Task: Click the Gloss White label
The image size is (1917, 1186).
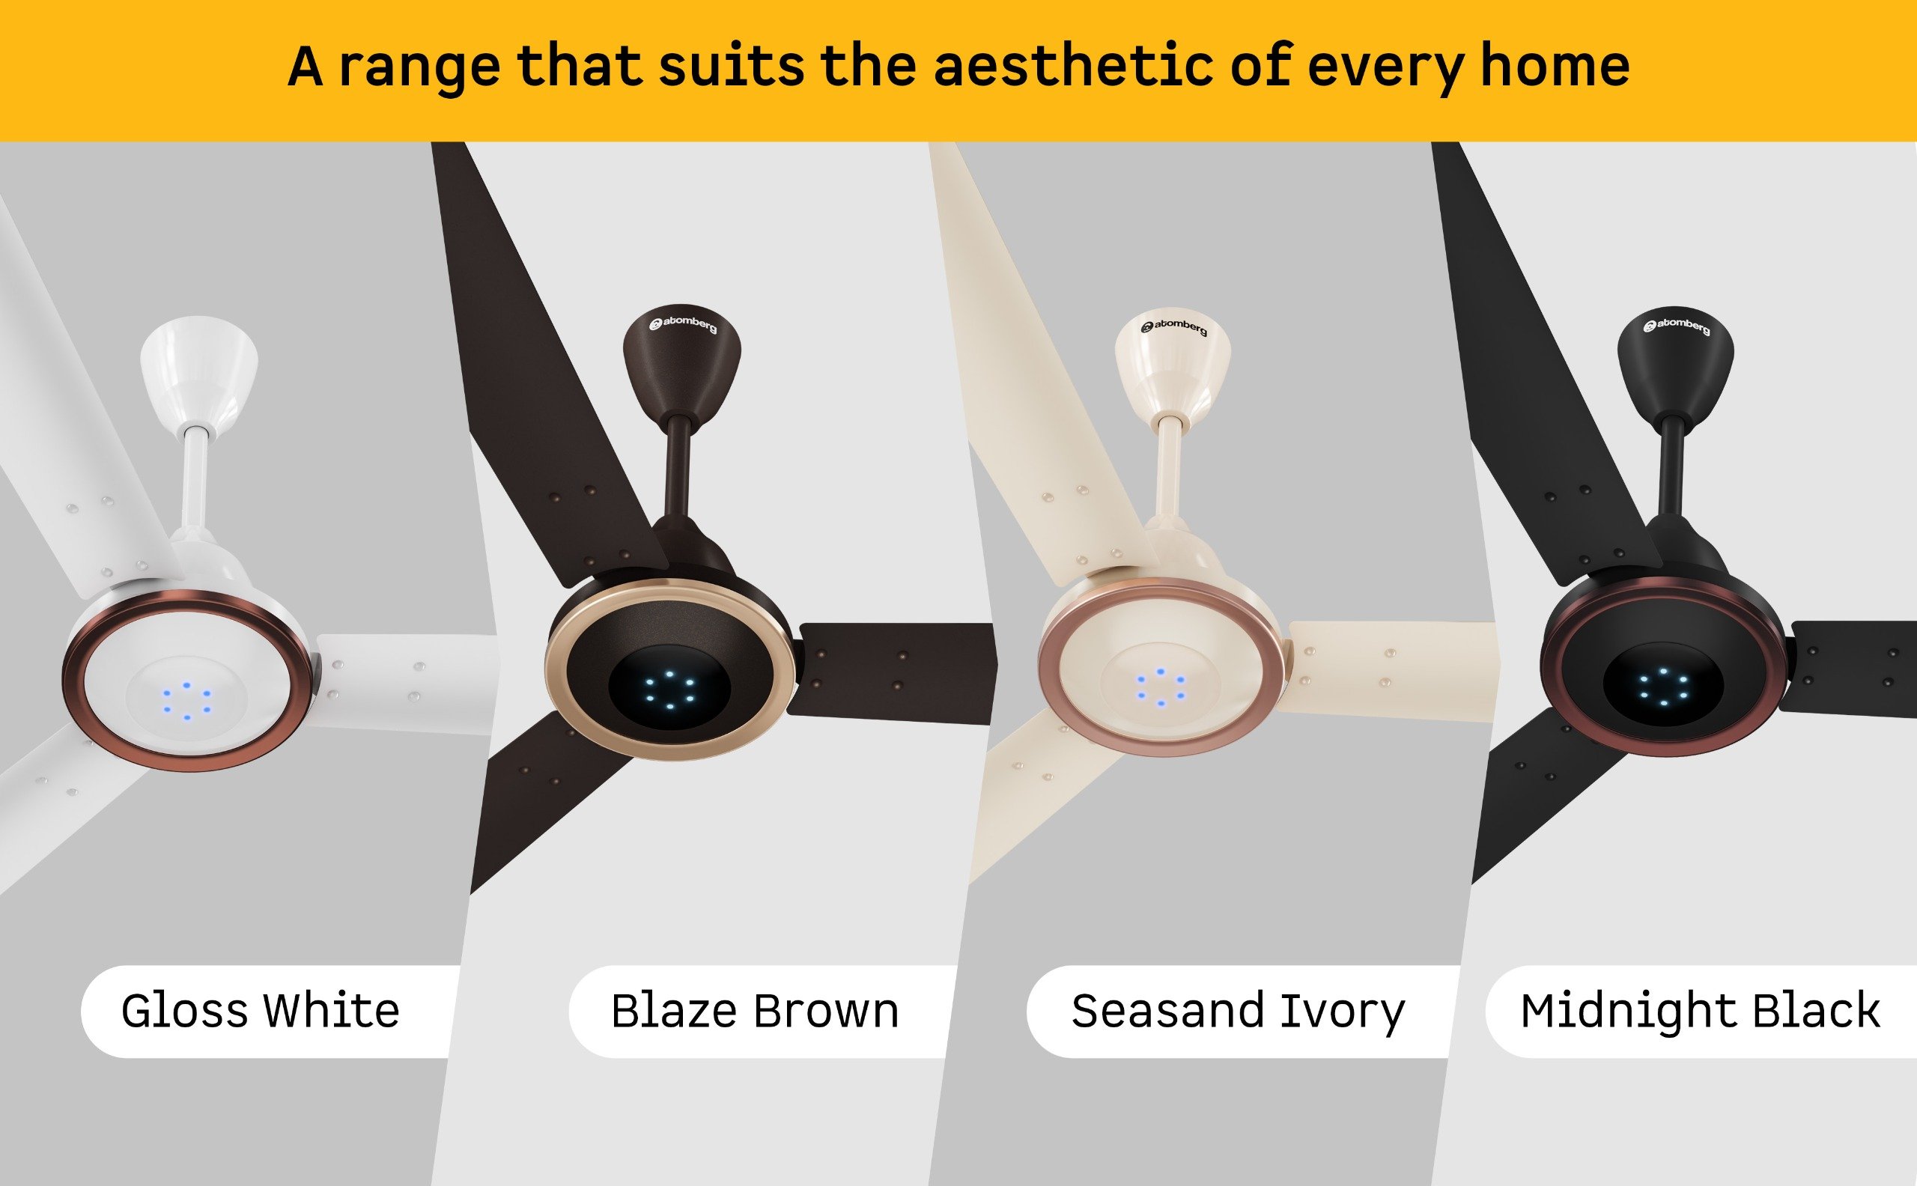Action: click(x=261, y=1010)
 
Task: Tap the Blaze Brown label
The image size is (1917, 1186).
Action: click(x=755, y=1010)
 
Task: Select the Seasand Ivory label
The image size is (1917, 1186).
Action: click(x=1238, y=1012)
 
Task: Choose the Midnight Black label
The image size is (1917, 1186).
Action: click(x=1700, y=1012)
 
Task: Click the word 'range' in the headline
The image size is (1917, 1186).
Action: click(x=419, y=69)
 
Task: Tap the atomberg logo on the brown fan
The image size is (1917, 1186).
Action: click(x=683, y=323)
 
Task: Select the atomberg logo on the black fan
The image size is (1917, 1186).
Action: click(x=1677, y=325)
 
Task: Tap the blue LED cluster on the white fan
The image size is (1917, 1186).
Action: click(x=186, y=702)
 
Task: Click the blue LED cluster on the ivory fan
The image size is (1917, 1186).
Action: click(x=1159, y=687)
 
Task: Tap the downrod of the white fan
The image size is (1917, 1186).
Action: click(x=195, y=481)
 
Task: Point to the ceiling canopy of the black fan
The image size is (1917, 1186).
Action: click(x=1675, y=365)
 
